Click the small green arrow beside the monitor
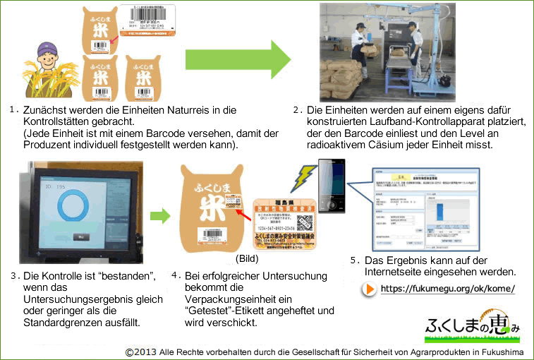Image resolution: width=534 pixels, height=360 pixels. click(x=162, y=215)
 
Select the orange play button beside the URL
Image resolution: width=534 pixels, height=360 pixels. click(x=369, y=289)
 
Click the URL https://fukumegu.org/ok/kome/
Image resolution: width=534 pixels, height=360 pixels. click(x=447, y=289)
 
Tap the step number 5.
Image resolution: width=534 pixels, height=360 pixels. click(x=354, y=260)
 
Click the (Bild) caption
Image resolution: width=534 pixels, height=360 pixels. click(x=245, y=259)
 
